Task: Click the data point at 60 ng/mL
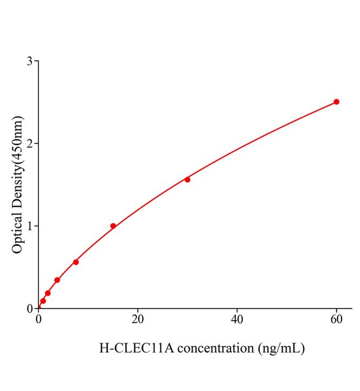click(x=336, y=102)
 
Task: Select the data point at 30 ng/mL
click(x=187, y=180)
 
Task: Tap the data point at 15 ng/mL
click(x=113, y=226)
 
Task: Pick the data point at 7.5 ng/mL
click(x=76, y=262)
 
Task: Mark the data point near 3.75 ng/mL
click(x=57, y=280)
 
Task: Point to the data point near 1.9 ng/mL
click(x=48, y=293)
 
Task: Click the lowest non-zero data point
click(x=43, y=301)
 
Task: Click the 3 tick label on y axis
click(x=30, y=61)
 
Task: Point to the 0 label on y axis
click(x=30, y=308)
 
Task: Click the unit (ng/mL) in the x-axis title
click(x=281, y=348)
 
